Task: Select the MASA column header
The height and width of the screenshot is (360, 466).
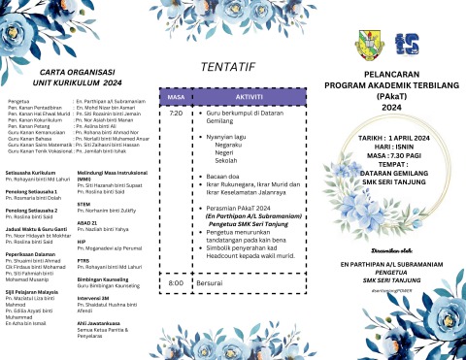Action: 176,98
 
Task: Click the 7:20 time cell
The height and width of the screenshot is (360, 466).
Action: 176,114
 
